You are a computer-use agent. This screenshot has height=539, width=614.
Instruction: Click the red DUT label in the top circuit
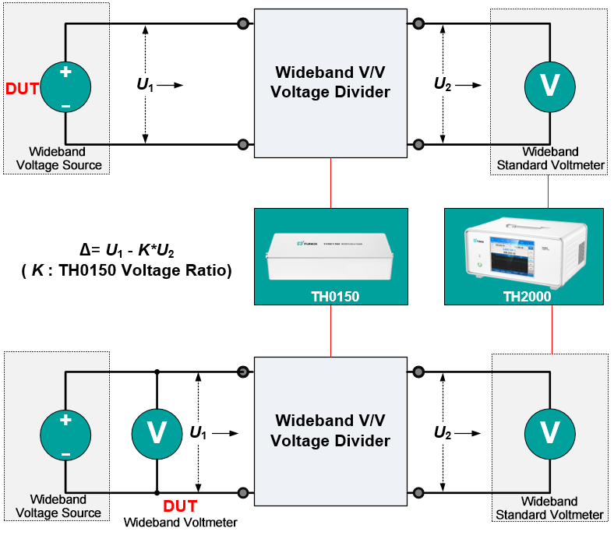[22, 88]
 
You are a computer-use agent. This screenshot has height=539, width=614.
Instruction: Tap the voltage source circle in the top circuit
[65, 86]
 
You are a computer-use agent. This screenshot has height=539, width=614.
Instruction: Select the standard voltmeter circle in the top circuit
[549, 86]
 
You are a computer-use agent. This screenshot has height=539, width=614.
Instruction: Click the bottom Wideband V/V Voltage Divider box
[330, 432]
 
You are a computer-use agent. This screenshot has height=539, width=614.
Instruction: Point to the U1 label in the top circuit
[145, 86]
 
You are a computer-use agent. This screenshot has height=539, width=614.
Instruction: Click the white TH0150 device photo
[330, 256]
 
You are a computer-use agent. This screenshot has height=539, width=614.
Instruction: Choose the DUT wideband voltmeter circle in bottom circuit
[157, 432]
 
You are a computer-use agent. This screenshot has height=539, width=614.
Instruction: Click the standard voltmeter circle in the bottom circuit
[549, 432]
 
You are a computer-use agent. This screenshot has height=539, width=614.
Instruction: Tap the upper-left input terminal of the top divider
[244, 23]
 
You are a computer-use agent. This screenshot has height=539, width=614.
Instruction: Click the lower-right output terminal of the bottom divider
[418, 492]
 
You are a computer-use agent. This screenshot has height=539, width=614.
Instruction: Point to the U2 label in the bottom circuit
[443, 432]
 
